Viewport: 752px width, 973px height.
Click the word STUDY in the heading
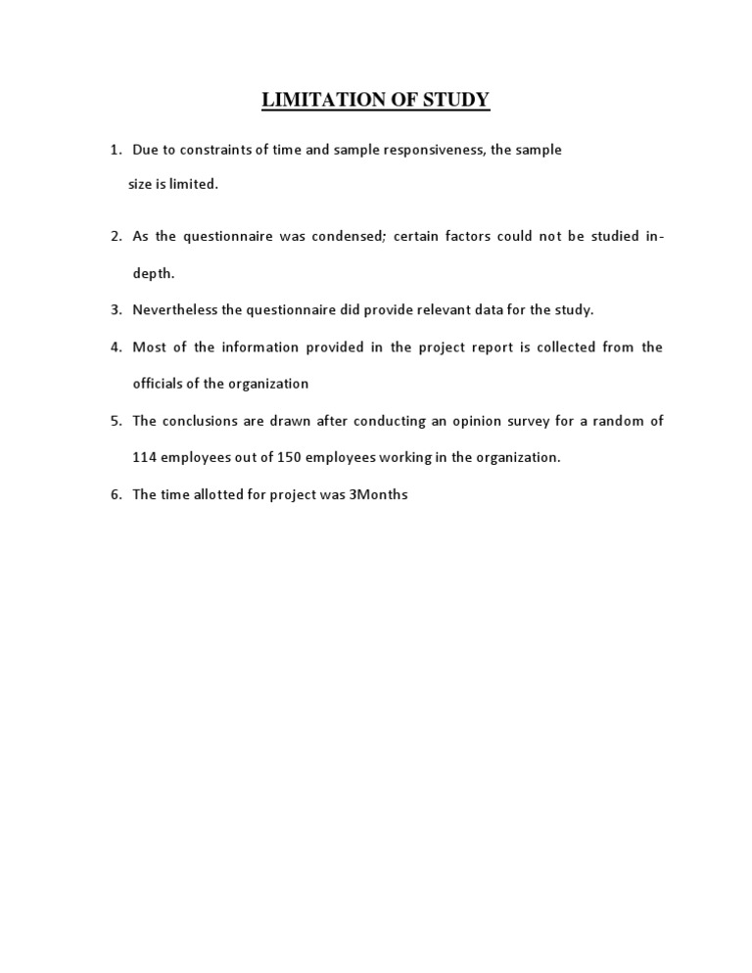pos(454,100)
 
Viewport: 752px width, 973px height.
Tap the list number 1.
pos(115,150)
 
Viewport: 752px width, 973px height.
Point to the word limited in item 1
pos(196,184)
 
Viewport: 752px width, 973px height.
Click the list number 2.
pos(115,236)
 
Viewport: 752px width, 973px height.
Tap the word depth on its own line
pos(153,273)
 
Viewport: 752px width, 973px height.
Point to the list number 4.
pos(115,347)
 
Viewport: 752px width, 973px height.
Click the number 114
pos(144,458)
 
